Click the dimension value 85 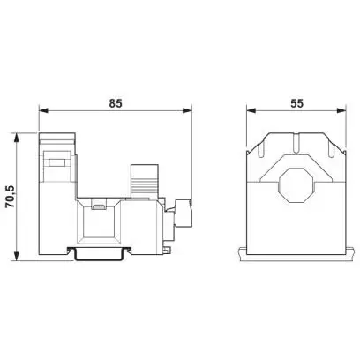pyautogui.click(x=116, y=103)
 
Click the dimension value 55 pyautogui.click(x=296, y=103)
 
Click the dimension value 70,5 pyautogui.click(x=11, y=197)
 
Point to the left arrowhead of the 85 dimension pyautogui.click(x=43, y=111)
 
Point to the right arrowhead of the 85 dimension pyautogui.click(x=187, y=111)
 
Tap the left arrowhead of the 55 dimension pyautogui.click(x=251, y=111)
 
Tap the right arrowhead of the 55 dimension pyautogui.click(x=341, y=111)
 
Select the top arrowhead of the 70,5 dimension pyautogui.click(x=17, y=138)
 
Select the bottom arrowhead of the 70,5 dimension pyautogui.click(x=17, y=256)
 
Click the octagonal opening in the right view pyautogui.click(x=296, y=185)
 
